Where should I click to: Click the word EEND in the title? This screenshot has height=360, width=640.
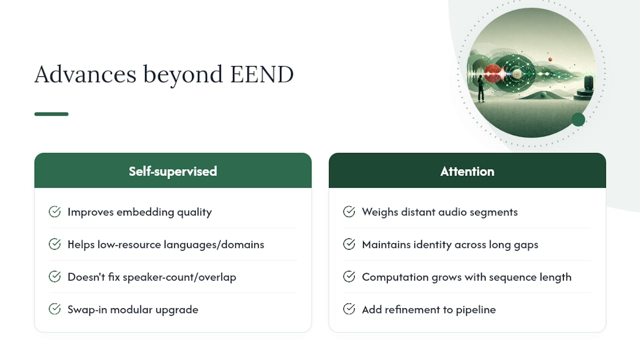point(262,74)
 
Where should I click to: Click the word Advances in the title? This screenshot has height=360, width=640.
point(85,74)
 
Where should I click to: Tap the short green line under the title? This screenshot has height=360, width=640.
point(51,114)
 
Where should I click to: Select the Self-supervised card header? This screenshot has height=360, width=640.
point(173,170)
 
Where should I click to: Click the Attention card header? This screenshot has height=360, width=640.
point(467,170)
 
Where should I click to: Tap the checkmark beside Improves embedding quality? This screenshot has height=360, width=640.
point(54,211)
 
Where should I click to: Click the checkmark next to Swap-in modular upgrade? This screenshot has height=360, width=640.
point(54,309)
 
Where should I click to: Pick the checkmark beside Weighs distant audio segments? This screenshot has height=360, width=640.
point(349,211)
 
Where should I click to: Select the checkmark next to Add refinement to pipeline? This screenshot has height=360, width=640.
point(349,309)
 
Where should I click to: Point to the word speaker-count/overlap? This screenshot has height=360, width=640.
point(179,277)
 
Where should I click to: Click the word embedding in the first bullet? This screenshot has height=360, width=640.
point(145,212)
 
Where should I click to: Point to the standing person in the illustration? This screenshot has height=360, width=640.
point(481,88)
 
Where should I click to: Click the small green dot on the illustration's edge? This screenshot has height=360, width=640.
point(578,119)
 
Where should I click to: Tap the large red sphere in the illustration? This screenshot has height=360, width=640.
point(492,73)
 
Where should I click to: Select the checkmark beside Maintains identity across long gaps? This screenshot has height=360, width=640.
point(349,244)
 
